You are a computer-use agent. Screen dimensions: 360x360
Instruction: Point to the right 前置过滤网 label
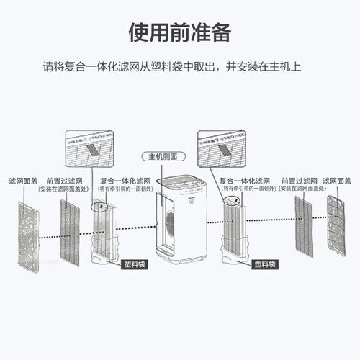tap(296, 181)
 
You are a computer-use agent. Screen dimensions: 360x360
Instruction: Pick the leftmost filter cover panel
tap(27, 235)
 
